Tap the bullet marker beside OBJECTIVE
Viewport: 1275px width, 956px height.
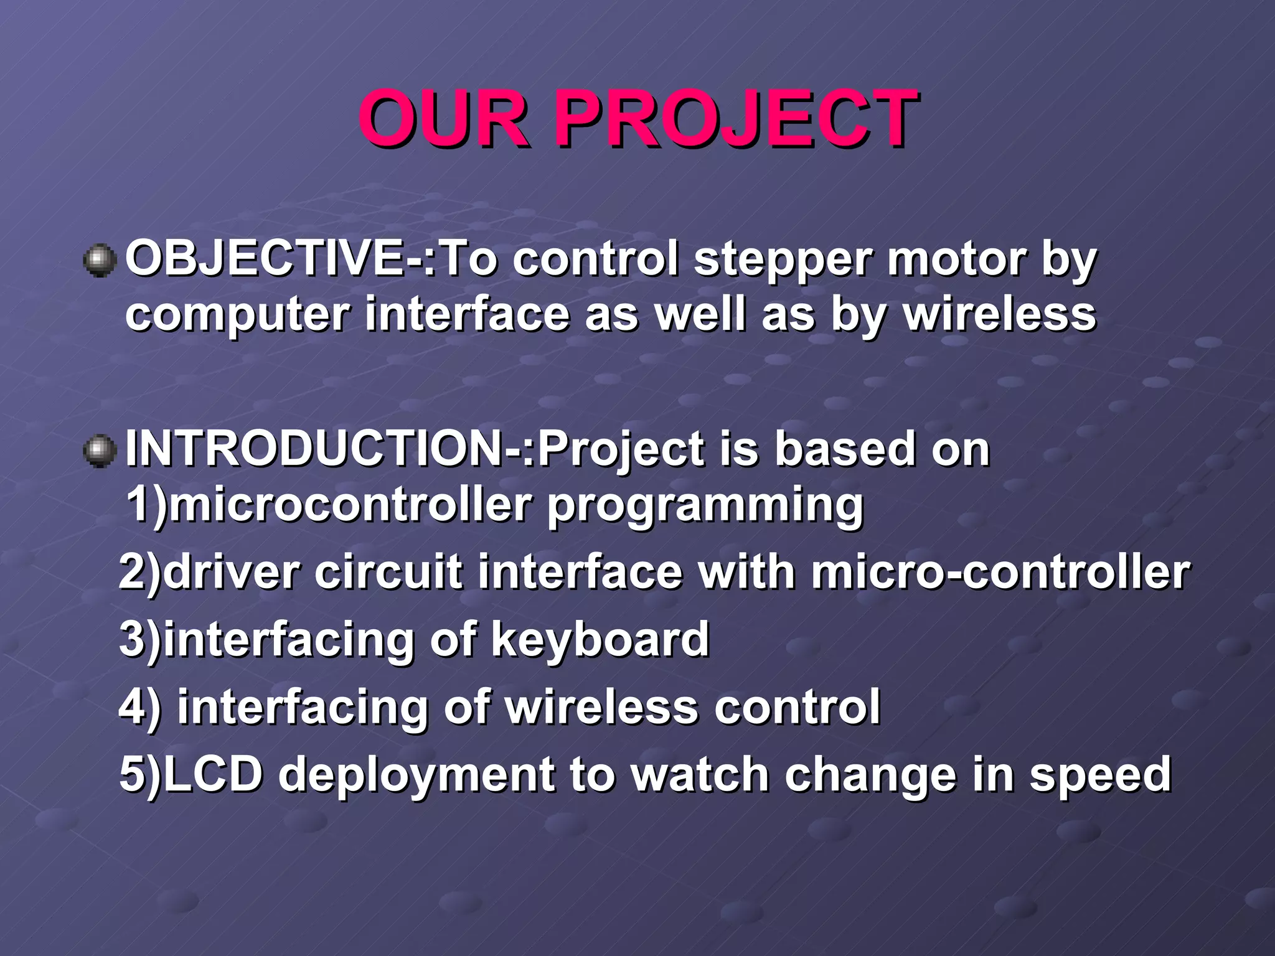100,261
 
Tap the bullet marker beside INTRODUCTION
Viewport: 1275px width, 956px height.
100,451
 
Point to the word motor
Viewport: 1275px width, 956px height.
955,260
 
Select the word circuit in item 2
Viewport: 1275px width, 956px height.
388,572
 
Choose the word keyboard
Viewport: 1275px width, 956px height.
600,639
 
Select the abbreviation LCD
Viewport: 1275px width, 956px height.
212,774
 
